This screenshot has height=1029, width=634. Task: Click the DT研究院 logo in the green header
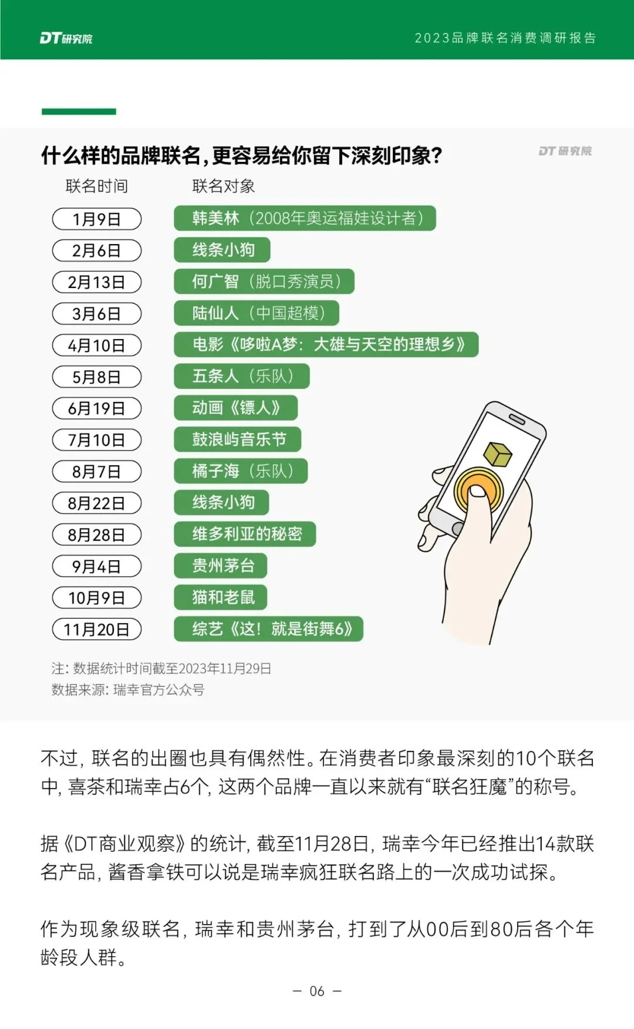pyautogui.click(x=66, y=38)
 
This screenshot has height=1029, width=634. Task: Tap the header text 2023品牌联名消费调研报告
pyautogui.click(x=505, y=38)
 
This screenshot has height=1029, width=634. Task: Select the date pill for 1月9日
pyautogui.click(x=97, y=219)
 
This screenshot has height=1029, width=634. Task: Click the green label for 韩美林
pyautogui.click(x=305, y=218)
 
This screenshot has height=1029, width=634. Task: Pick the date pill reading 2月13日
pyautogui.click(x=97, y=282)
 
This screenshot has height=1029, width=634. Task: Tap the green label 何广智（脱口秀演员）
pyautogui.click(x=264, y=282)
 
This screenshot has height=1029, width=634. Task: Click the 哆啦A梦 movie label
pyautogui.click(x=326, y=344)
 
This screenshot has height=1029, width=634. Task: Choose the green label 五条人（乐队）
pyautogui.click(x=241, y=376)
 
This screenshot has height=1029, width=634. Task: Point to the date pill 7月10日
pyautogui.click(x=97, y=440)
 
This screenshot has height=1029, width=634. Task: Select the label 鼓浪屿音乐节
pyautogui.click(x=238, y=439)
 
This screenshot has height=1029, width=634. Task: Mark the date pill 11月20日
pyautogui.click(x=97, y=629)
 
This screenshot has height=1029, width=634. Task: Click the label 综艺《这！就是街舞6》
pyautogui.click(x=268, y=629)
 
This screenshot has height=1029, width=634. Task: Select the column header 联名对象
pyautogui.click(x=223, y=187)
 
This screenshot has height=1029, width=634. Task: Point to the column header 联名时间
pyautogui.click(x=97, y=187)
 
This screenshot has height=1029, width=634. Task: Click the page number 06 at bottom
pyautogui.click(x=317, y=991)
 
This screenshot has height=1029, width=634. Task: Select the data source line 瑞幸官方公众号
pyautogui.click(x=128, y=690)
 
